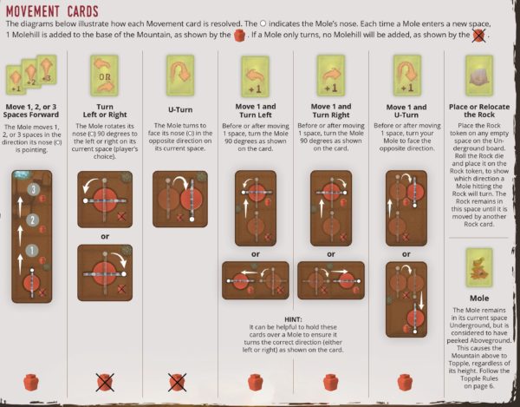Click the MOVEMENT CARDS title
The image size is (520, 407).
click(x=52, y=11)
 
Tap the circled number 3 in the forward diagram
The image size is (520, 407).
click(x=33, y=189)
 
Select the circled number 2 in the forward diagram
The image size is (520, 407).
click(x=32, y=220)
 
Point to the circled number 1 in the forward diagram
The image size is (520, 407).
click(x=32, y=250)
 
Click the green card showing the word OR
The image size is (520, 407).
click(x=105, y=75)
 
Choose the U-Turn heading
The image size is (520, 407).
click(x=180, y=109)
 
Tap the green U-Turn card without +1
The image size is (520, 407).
click(x=180, y=75)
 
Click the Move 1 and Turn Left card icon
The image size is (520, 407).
click(x=256, y=75)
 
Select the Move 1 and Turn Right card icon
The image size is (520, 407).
click(x=331, y=75)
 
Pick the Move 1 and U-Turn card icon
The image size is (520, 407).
click(x=406, y=75)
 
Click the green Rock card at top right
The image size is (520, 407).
click(x=479, y=75)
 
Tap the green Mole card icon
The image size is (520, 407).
click(x=479, y=267)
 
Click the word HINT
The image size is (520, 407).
click(x=293, y=319)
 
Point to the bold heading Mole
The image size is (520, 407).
click(x=479, y=299)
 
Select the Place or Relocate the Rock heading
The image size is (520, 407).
click(x=479, y=110)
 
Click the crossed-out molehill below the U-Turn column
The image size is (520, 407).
click(x=177, y=382)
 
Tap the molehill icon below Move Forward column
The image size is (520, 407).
click(x=31, y=382)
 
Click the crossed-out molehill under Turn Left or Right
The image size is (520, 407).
click(x=105, y=382)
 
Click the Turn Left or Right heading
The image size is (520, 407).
click(x=105, y=110)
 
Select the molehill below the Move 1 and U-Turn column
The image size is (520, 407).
click(x=405, y=382)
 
